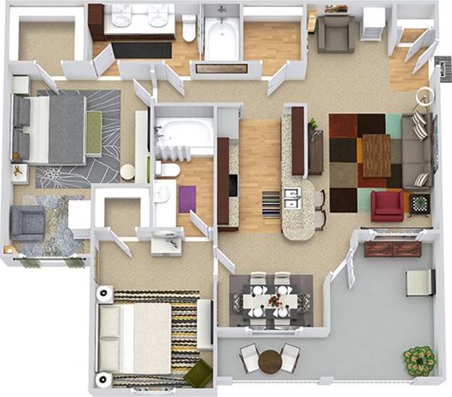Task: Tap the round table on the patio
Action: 270,360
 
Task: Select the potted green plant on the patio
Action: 419,359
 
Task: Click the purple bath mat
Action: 187,199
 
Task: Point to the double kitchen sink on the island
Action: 292,198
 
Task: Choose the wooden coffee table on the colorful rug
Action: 376,155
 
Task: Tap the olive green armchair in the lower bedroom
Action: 197,374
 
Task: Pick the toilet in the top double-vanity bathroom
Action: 189,30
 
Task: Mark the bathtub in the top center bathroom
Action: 221,36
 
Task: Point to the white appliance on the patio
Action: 419,282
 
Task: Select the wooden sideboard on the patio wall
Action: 392,249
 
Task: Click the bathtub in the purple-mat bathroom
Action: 184,135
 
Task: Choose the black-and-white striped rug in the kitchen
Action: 270,204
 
